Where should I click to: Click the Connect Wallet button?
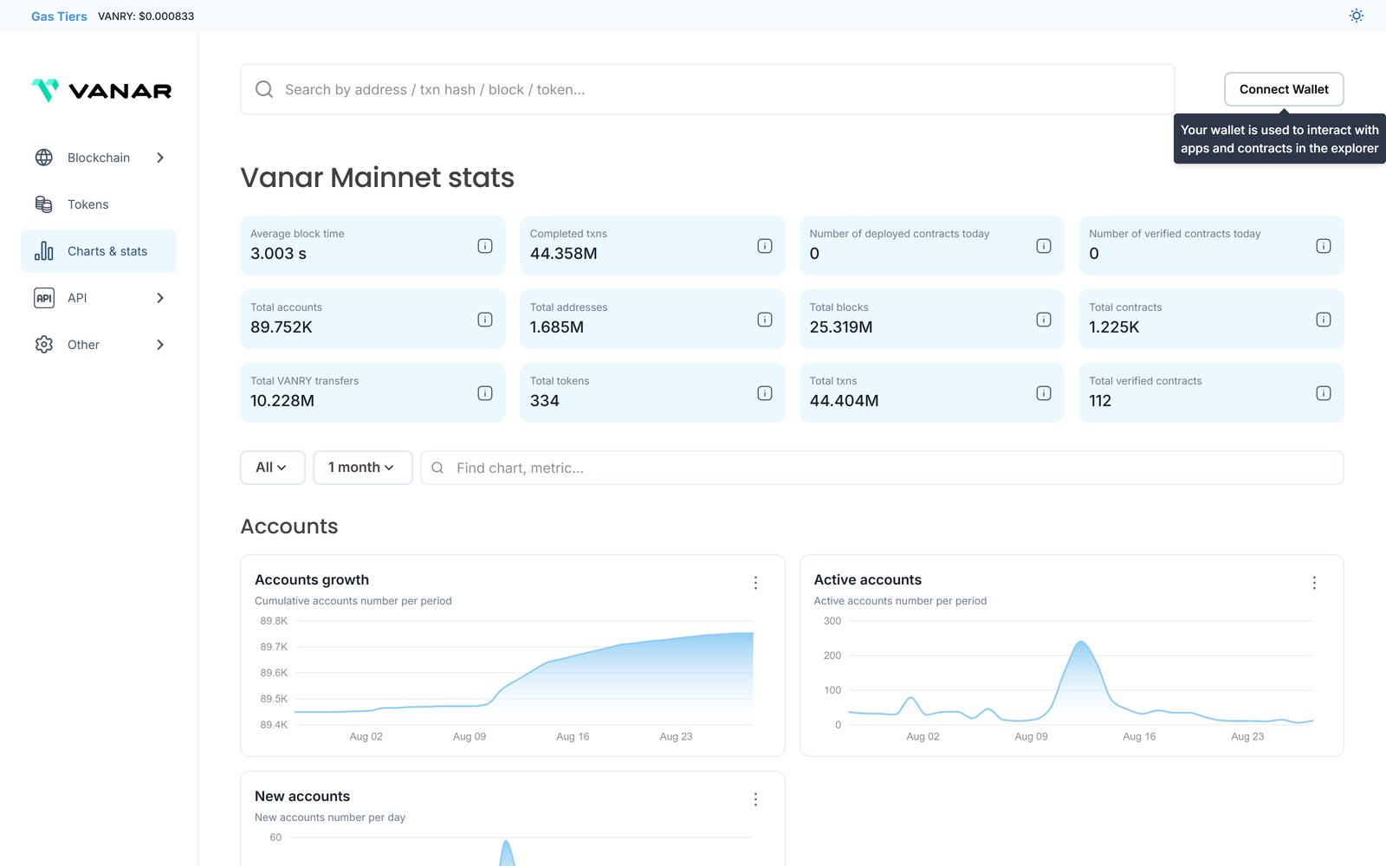point(1283,89)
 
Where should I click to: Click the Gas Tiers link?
point(59,16)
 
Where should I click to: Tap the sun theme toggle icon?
point(1356,16)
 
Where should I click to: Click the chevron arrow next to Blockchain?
point(160,158)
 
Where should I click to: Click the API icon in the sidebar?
point(44,298)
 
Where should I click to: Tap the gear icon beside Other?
point(44,345)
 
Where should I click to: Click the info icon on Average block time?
point(485,246)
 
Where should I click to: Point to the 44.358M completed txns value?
point(563,254)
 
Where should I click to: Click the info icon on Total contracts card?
point(1323,320)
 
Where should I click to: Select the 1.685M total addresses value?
point(556,327)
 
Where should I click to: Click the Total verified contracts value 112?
point(1099,401)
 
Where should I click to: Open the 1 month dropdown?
point(363,468)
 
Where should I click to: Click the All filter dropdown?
point(272,468)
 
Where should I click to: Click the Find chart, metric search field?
point(882,468)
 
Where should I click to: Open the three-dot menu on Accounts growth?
point(755,583)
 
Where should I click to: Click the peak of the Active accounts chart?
point(1081,642)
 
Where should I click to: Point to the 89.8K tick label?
point(274,621)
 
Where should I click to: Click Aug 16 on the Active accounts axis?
point(1139,737)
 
